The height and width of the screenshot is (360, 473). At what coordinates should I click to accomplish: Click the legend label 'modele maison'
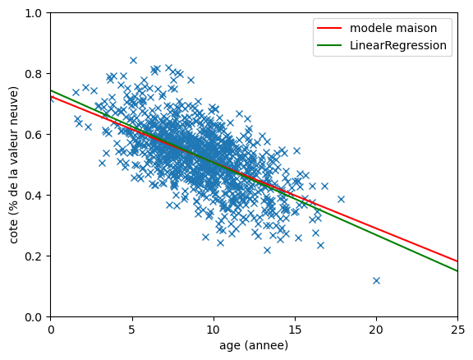tap(393, 28)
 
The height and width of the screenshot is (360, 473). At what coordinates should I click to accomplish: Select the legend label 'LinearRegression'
tap(398, 45)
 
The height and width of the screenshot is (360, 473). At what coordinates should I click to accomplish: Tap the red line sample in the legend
tap(329, 28)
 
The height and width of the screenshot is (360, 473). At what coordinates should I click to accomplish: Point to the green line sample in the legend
tap(329, 45)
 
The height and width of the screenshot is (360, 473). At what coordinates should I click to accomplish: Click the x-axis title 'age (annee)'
tap(254, 345)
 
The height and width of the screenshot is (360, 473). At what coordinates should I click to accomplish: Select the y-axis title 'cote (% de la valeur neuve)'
tap(13, 165)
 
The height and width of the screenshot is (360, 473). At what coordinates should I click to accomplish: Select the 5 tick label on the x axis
tap(132, 330)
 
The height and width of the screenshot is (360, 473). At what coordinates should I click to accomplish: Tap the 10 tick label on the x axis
tap(214, 330)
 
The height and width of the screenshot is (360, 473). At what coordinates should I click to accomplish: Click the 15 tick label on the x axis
tap(295, 330)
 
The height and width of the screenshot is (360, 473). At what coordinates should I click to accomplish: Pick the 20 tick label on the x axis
tap(376, 330)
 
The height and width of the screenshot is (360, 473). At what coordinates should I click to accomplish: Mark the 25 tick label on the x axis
tap(457, 330)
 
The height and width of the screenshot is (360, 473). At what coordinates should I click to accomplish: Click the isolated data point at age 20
tap(376, 280)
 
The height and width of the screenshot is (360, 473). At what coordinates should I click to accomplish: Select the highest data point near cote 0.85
tap(133, 60)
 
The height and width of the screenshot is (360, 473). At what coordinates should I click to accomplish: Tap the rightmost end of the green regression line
tap(457, 271)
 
